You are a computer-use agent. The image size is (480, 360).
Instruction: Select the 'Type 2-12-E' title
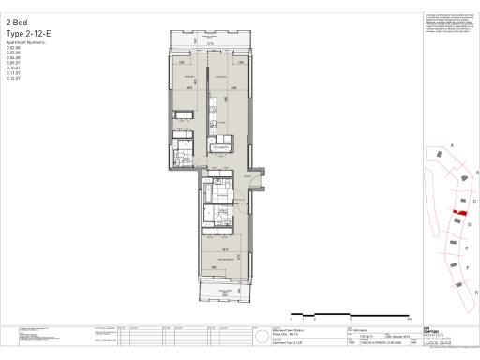pyautogui.click(x=27, y=33)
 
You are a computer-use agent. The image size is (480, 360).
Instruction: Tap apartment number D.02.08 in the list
pyautogui.click(x=12, y=47)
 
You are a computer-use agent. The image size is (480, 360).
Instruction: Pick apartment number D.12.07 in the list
pyautogui.click(x=12, y=79)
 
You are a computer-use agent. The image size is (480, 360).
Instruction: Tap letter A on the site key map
pyautogui.click(x=452, y=146)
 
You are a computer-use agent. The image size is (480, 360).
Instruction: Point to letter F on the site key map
pyautogui.click(x=466, y=268)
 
